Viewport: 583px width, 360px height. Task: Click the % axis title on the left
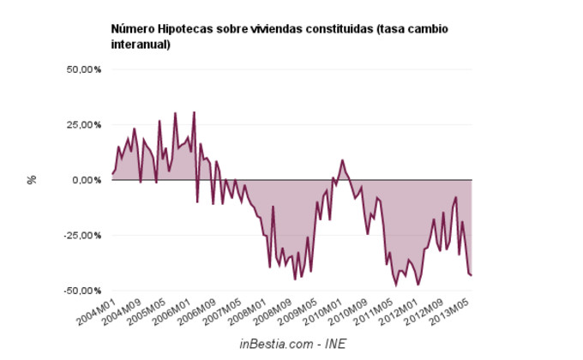coord(33,180)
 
